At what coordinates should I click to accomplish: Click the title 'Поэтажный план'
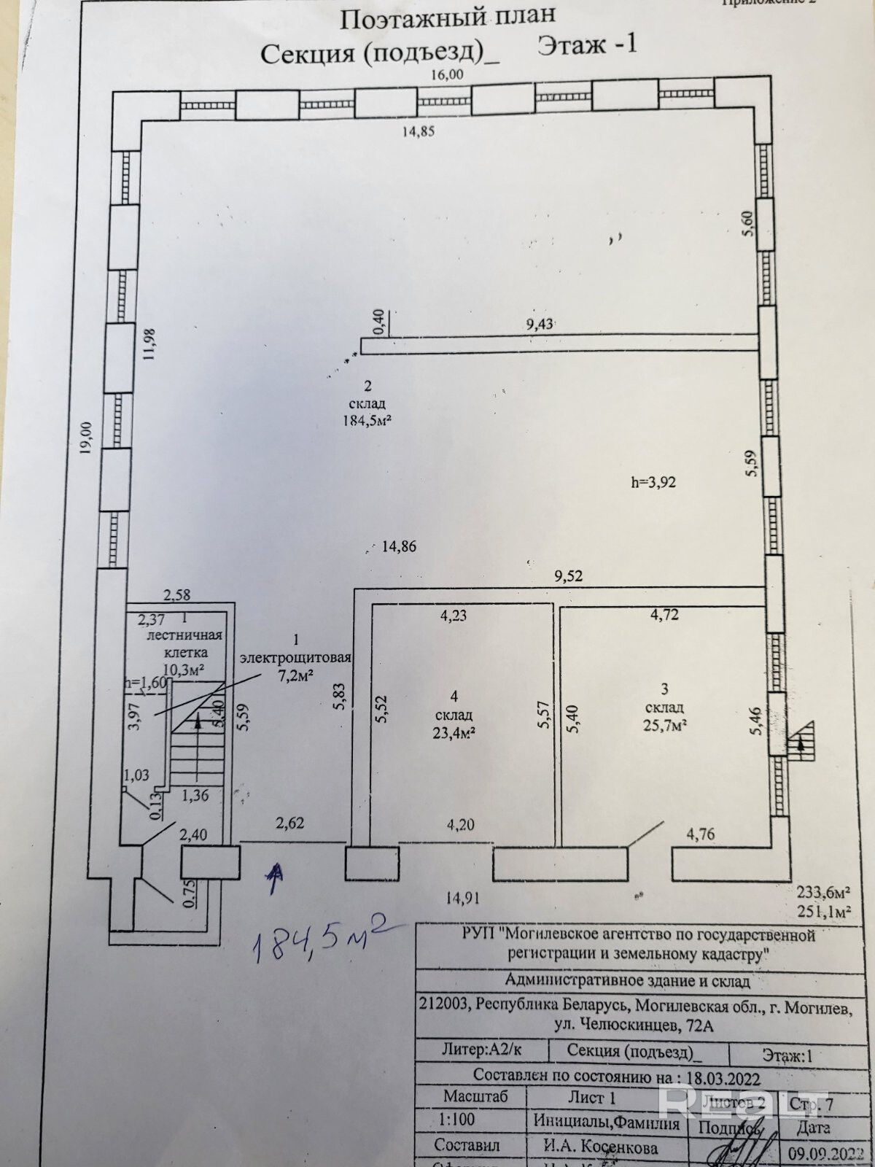pyautogui.click(x=448, y=16)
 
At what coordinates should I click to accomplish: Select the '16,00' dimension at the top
pyautogui.click(x=447, y=74)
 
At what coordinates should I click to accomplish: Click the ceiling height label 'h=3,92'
pyautogui.click(x=654, y=482)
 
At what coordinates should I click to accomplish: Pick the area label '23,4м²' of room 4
pyautogui.click(x=454, y=732)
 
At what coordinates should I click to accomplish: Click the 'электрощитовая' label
pyautogui.click(x=296, y=657)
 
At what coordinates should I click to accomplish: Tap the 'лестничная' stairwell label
pyautogui.click(x=185, y=636)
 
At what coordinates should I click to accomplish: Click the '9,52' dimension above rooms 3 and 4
pyautogui.click(x=568, y=576)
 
